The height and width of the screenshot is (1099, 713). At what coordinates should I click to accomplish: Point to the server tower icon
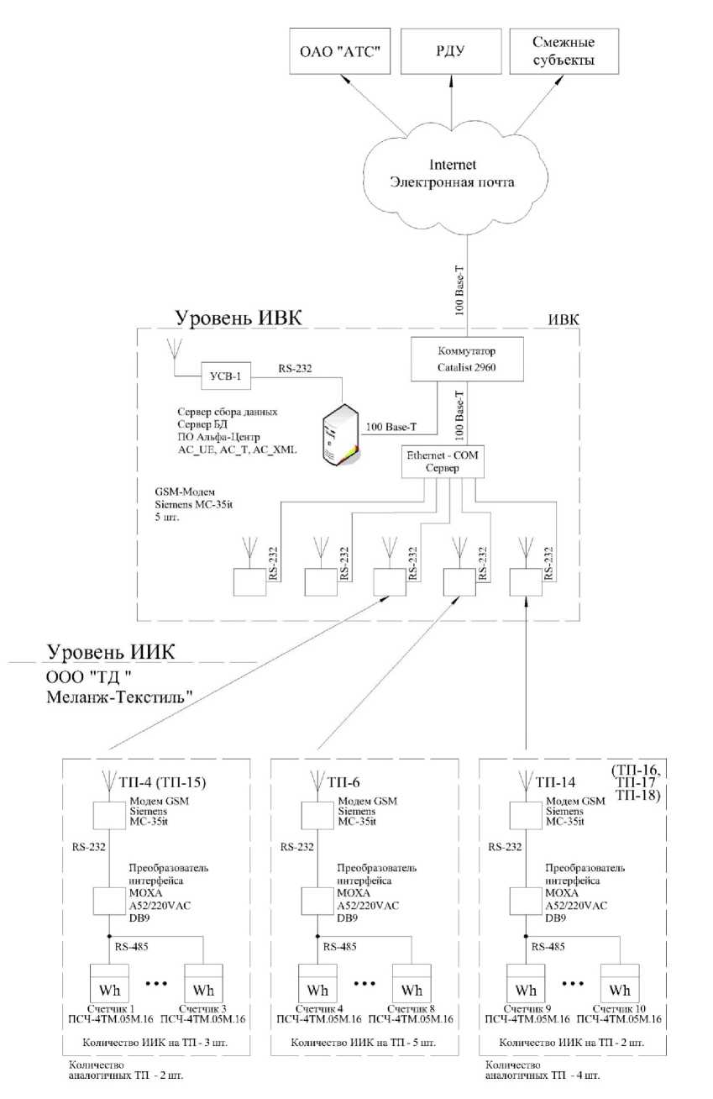click(341, 435)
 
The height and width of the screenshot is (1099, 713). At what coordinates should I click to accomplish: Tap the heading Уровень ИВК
click(239, 318)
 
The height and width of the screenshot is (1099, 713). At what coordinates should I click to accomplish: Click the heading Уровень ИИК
click(111, 652)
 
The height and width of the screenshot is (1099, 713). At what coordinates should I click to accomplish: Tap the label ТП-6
click(343, 782)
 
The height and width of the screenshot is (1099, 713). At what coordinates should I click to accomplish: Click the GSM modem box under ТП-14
click(526, 815)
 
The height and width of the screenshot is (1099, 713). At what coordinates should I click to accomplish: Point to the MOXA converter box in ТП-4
click(109, 901)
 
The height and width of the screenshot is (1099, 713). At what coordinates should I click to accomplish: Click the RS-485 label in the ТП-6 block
click(339, 946)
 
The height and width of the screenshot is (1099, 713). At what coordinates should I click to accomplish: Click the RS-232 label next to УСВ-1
click(296, 369)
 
